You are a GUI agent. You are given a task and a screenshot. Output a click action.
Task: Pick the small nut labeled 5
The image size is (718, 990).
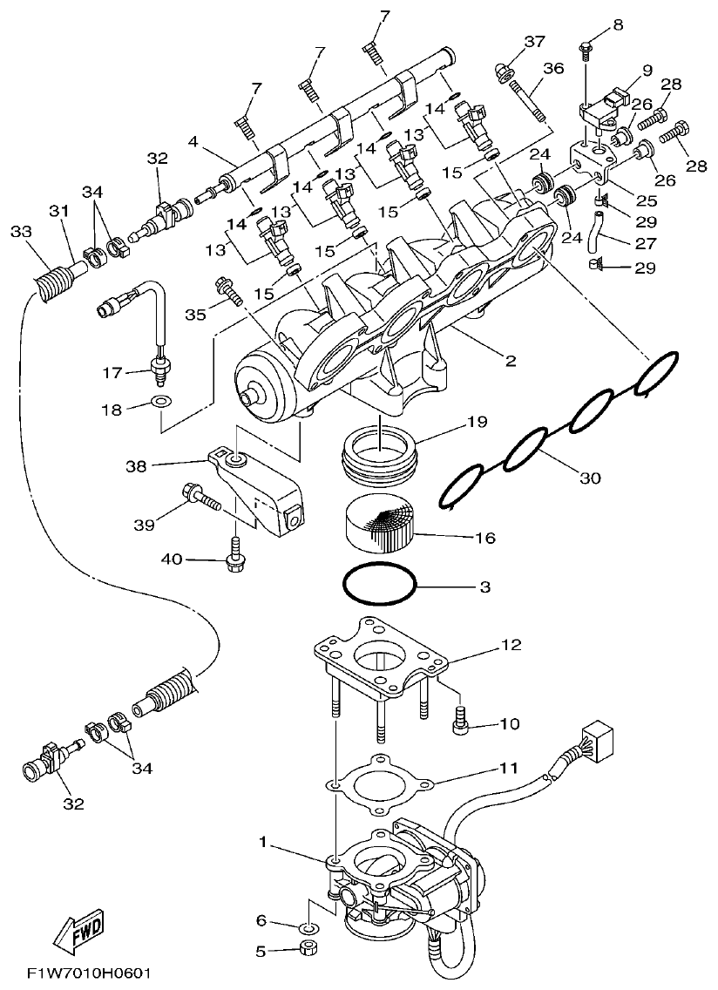307,948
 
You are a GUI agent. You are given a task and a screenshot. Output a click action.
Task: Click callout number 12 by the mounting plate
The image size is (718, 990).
511,645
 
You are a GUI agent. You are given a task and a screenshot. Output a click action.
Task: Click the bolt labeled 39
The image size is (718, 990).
200,499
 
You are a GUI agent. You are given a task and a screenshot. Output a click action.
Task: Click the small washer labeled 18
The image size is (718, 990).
161,403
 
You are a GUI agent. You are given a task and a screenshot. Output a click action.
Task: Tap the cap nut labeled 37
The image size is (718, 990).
505,71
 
